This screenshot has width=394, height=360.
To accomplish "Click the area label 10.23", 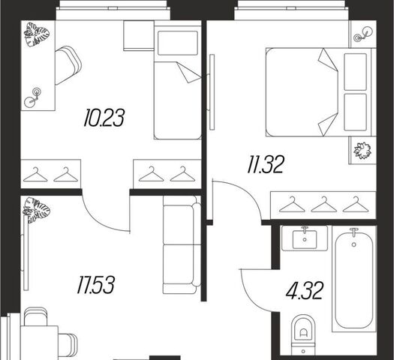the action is pos(104,118).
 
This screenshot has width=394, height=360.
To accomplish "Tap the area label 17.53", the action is pos(96,285).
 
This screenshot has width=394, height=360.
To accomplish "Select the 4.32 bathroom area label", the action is pos(304,291).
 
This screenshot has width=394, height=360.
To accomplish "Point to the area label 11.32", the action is pos(266,164).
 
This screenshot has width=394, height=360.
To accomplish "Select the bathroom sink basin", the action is pos(305,239).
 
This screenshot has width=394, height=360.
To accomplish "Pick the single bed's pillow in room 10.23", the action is pos(178,43).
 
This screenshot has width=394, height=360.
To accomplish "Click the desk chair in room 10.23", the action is pos(68,65).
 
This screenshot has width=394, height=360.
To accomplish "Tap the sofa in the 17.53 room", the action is pos(182,244).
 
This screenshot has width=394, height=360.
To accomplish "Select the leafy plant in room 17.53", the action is pos(36,210).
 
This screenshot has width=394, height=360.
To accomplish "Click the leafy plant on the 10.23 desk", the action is pos(37,34).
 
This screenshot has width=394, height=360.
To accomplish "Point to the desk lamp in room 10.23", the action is pos(33,97).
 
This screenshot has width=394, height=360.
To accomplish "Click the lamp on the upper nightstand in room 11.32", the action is pos(362,34).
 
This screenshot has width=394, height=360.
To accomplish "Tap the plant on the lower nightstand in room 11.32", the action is pos(362,151).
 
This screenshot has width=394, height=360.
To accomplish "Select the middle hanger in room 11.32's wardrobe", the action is pos(324,204).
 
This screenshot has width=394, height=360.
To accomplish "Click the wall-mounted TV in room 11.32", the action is pos(212,92).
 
